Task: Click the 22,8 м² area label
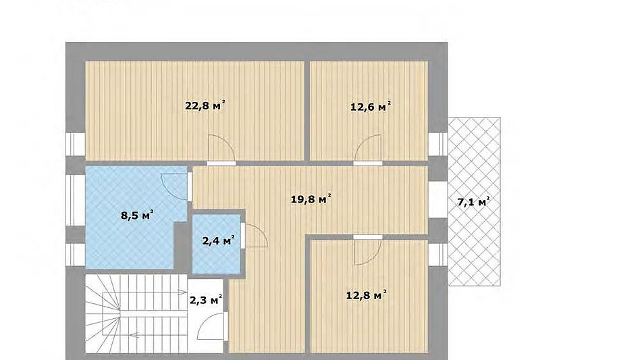[x=205, y=105]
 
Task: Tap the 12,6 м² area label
[x=371, y=107]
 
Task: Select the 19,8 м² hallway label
[x=311, y=199]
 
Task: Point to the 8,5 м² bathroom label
[x=137, y=215]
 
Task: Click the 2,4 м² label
[x=218, y=240]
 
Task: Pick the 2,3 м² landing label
[x=206, y=300]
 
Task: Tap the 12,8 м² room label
[x=367, y=295]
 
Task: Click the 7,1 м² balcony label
[x=474, y=201]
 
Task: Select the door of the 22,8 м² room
[x=221, y=150]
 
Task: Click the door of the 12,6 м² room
[x=368, y=150]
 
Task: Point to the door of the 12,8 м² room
[x=368, y=250]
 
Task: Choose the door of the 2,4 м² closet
[x=254, y=235]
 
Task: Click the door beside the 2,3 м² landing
[x=213, y=326]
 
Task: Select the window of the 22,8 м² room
[x=76, y=144]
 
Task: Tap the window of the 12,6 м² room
[x=438, y=144]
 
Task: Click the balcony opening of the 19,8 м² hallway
[x=438, y=200]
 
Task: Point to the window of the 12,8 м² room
[x=438, y=255]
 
